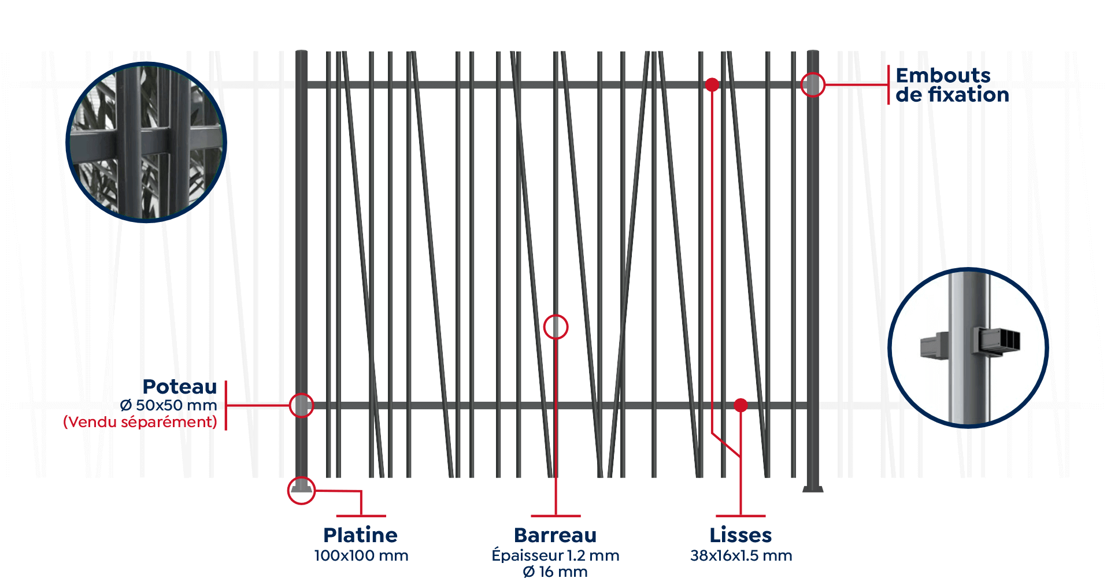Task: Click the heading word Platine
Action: point(360,535)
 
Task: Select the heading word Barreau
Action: point(555,535)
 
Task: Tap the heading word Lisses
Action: point(741,535)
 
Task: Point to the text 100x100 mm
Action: point(361,556)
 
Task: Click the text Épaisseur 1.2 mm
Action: point(555,556)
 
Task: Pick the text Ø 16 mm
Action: point(555,572)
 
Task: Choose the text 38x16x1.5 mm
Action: point(741,556)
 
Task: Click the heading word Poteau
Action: point(180,386)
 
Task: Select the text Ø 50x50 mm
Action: point(169,405)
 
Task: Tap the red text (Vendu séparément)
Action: point(140,422)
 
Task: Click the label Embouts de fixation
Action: point(952,85)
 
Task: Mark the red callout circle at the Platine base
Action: point(301,491)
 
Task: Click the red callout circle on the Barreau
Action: point(556,327)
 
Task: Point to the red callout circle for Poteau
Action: point(301,406)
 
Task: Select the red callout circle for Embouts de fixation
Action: point(813,85)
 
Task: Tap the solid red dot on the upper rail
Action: point(712,85)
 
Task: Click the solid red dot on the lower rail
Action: point(741,406)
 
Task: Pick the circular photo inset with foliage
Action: point(146,142)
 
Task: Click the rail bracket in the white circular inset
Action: point(997,340)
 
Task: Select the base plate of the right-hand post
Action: point(813,490)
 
